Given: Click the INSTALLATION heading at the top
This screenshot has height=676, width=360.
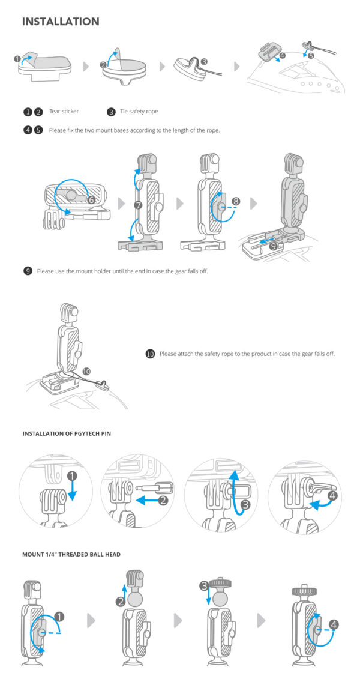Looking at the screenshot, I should click(x=61, y=22).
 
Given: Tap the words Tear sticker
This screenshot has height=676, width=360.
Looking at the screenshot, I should click(x=64, y=112).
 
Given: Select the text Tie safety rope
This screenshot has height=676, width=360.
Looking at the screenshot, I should click(x=139, y=112).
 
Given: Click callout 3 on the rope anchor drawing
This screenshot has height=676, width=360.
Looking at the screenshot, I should click(x=204, y=61).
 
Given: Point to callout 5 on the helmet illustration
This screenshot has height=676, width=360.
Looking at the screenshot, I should click(x=311, y=55).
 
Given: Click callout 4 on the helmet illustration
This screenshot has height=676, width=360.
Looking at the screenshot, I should click(x=282, y=56).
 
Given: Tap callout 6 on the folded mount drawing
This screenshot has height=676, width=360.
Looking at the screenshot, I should click(x=92, y=199).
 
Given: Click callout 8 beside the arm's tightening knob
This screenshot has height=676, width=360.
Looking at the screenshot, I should click(x=236, y=202).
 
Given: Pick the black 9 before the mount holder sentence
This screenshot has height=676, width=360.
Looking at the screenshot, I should click(x=28, y=271).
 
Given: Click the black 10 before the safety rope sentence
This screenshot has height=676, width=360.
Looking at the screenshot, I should click(x=150, y=354).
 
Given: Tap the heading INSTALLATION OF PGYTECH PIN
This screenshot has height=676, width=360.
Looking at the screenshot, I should click(x=67, y=433).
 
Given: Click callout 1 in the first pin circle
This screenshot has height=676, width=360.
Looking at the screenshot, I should click(x=73, y=477).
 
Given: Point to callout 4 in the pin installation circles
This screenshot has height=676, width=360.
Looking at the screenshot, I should click(x=333, y=496).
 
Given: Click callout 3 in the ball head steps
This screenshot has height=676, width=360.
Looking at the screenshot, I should click(x=204, y=585).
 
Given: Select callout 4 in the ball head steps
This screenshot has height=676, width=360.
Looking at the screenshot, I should click(x=334, y=624).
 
